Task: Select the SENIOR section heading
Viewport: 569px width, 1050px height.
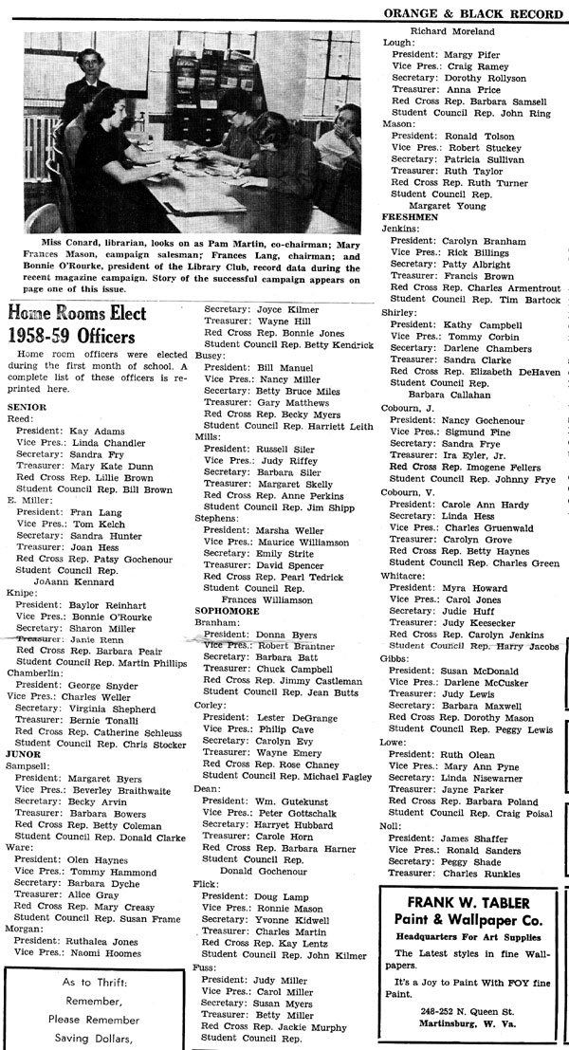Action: [x=28, y=406]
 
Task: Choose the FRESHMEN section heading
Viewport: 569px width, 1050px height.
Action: [x=410, y=216]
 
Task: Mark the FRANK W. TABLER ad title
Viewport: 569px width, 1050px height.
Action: [x=468, y=902]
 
